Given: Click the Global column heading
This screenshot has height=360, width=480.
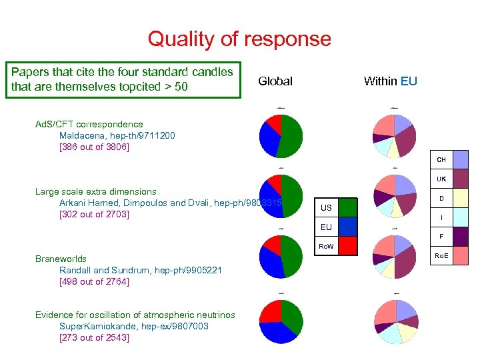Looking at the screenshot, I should (x=275, y=81).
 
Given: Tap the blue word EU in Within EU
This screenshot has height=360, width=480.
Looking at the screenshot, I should (x=409, y=81).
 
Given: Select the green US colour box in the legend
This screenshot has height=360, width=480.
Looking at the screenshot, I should (x=348, y=208).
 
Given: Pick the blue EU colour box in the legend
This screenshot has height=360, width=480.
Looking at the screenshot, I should (x=348, y=227).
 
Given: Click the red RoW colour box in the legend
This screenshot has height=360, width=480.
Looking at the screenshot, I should (x=348, y=247).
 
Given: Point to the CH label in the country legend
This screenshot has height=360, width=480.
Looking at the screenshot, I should (x=441, y=160).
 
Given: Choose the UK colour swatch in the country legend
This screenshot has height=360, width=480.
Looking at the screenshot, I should (x=460, y=179).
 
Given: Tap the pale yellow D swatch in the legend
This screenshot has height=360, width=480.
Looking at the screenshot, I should (x=460, y=198).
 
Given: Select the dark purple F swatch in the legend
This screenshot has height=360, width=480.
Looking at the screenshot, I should (x=460, y=237).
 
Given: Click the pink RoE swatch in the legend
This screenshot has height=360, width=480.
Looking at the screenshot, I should (x=460, y=255).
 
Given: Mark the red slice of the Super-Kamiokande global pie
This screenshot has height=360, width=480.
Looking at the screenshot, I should (x=270, y=311).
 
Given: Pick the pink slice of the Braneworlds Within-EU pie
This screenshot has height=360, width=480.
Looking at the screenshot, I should (x=385, y=246).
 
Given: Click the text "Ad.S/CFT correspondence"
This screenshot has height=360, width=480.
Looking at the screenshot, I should (x=89, y=124).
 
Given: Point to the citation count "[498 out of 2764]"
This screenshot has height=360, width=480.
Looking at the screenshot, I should (x=94, y=281).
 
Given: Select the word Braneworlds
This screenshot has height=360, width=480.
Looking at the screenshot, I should (x=61, y=259).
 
